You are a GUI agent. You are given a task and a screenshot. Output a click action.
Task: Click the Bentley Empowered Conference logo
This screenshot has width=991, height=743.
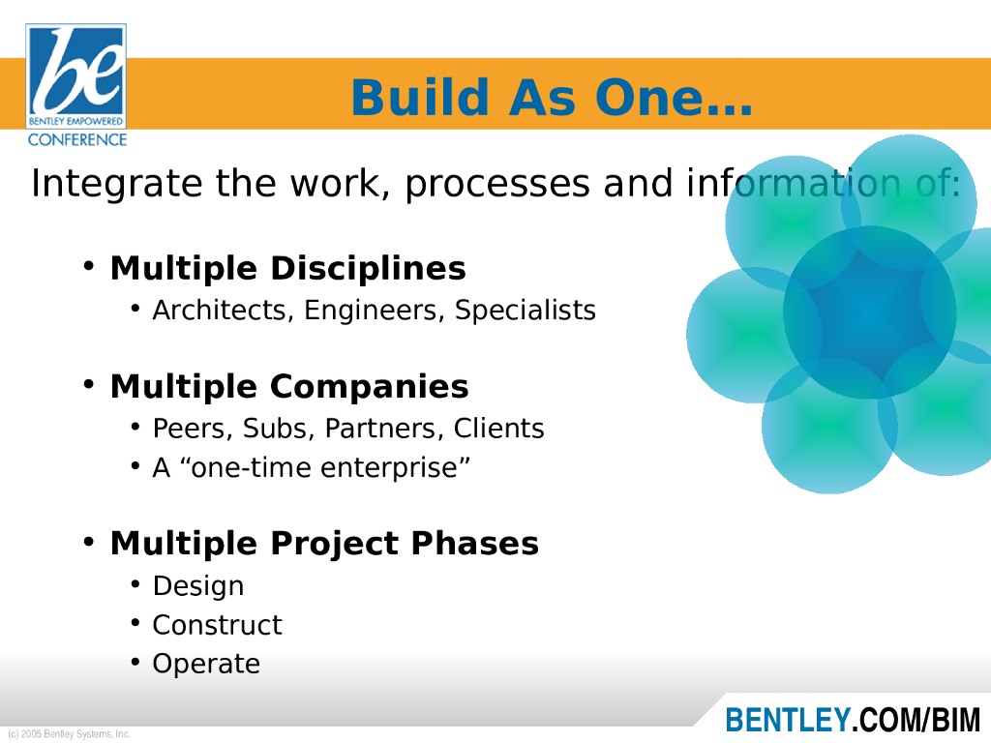75,85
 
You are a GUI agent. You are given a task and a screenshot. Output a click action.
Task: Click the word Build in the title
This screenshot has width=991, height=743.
420,98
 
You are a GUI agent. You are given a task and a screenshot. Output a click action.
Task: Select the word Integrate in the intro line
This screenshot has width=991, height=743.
117,184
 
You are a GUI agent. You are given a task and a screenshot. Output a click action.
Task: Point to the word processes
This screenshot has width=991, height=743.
497,184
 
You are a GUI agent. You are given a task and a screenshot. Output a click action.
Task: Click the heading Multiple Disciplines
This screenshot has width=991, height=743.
288,269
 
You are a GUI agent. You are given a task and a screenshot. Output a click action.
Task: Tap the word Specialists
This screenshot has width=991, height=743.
526,311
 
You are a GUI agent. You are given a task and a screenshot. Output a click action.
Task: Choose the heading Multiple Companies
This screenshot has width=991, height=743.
289,387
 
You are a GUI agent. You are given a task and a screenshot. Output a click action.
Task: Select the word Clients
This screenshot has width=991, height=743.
498,429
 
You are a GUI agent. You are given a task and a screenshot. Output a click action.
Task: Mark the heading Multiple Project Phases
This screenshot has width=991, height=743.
324,544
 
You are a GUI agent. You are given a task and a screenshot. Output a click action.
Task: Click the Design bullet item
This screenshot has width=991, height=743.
197,586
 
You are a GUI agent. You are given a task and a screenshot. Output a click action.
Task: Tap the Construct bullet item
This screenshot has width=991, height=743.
217,625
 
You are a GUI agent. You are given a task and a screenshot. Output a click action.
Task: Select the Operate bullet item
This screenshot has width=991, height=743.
206,664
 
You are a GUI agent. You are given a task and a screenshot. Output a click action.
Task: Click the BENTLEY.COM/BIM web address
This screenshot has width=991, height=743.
853,720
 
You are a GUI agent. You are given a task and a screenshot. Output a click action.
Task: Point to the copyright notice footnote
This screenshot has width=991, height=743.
69,733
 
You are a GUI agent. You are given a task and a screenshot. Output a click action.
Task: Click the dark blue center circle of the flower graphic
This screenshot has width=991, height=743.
870,312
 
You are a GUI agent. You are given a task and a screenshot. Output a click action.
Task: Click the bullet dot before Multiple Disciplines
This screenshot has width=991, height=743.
89,267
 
